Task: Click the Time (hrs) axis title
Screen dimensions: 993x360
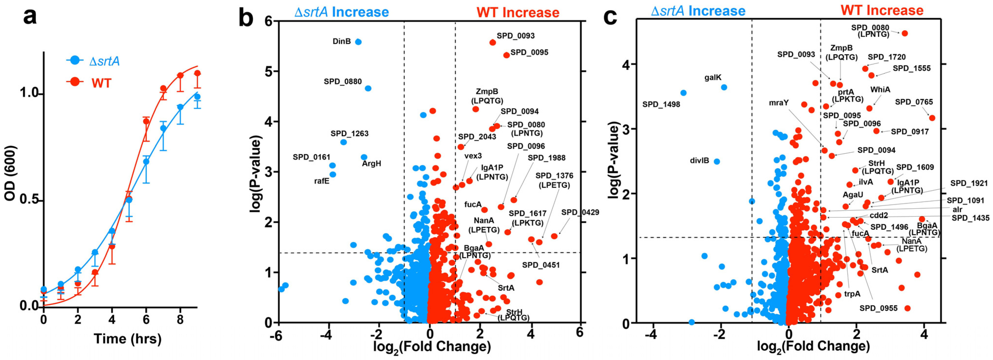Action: (x=128, y=339)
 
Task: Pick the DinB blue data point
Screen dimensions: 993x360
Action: (x=358, y=42)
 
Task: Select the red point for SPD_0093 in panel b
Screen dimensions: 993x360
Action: (x=492, y=42)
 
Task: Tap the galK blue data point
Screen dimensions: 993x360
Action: (x=724, y=88)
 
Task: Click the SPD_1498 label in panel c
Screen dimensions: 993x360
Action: (x=661, y=105)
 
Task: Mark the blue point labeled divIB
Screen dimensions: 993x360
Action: (x=717, y=162)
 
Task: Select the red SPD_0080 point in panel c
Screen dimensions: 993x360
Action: (x=905, y=34)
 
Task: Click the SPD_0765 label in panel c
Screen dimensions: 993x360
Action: (x=914, y=102)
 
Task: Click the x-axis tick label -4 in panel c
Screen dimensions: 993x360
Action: (x=651, y=334)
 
